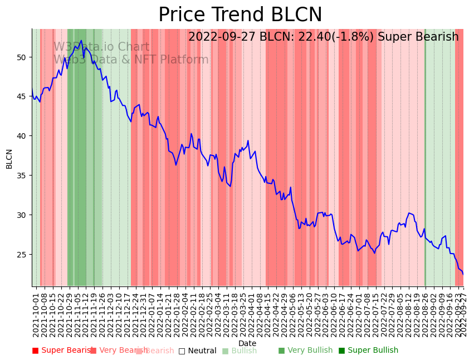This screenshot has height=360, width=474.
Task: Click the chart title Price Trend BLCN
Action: pos(240,15)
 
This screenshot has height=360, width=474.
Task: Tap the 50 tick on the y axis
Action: pos(22,57)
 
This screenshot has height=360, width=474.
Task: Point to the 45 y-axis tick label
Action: pos(22,96)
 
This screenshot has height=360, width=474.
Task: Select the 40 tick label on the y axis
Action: pos(22,136)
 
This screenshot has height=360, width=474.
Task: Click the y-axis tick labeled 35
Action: pos(22,176)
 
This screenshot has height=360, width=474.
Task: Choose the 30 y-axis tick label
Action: pos(22,215)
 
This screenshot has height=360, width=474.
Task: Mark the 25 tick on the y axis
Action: pos(22,255)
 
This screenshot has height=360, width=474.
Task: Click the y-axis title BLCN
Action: pos(9,159)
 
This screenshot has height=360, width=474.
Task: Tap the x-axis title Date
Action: pos(247,343)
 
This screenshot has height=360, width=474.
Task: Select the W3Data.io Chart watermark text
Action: pos(101,47)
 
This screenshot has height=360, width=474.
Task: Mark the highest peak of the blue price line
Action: pos(81,40)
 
